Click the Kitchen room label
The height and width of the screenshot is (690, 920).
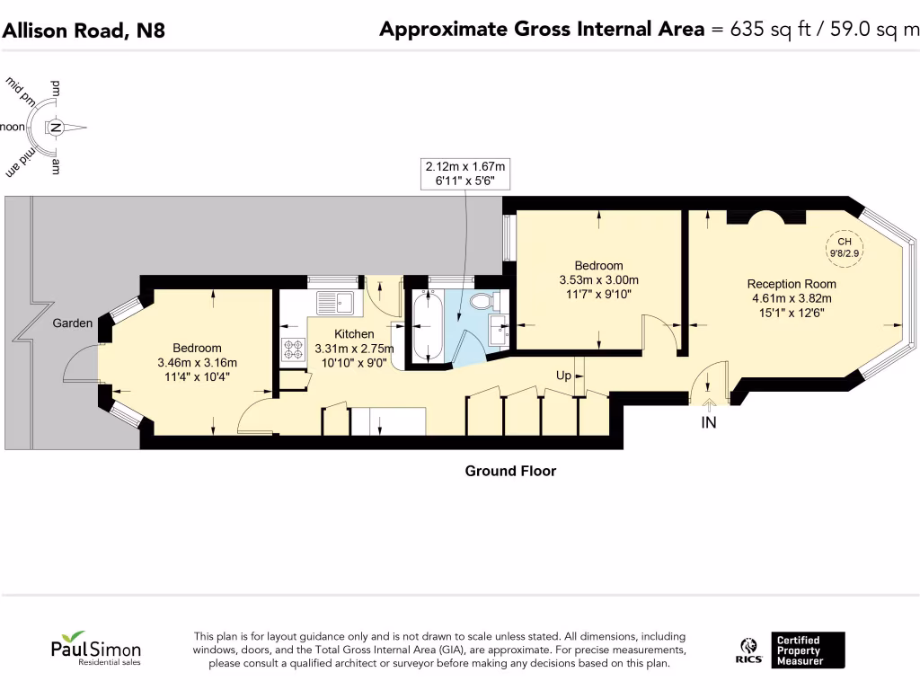[354, 334]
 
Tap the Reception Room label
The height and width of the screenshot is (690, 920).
[792, 284]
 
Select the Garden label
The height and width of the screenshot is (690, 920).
[73, 323]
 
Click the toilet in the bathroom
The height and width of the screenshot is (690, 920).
[482, 301]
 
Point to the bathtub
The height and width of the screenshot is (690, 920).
[428, 326]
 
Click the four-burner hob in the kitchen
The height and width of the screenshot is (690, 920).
[294, 349]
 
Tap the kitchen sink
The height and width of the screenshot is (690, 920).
[336, 303]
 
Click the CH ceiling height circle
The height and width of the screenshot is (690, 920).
[845, 247]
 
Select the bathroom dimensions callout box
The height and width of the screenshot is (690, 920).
[465, 173]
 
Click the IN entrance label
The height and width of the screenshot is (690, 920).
[709, 422]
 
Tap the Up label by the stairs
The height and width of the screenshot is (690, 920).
[563, 376]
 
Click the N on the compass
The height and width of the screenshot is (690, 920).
[56, 128]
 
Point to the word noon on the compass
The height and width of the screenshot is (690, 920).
[13, 127]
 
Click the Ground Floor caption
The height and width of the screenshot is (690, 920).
[510, 471]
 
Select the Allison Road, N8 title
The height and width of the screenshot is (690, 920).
[84, 30]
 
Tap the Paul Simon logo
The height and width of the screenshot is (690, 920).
[95, 649]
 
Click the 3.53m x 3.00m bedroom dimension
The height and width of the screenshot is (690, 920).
[599, 280]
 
